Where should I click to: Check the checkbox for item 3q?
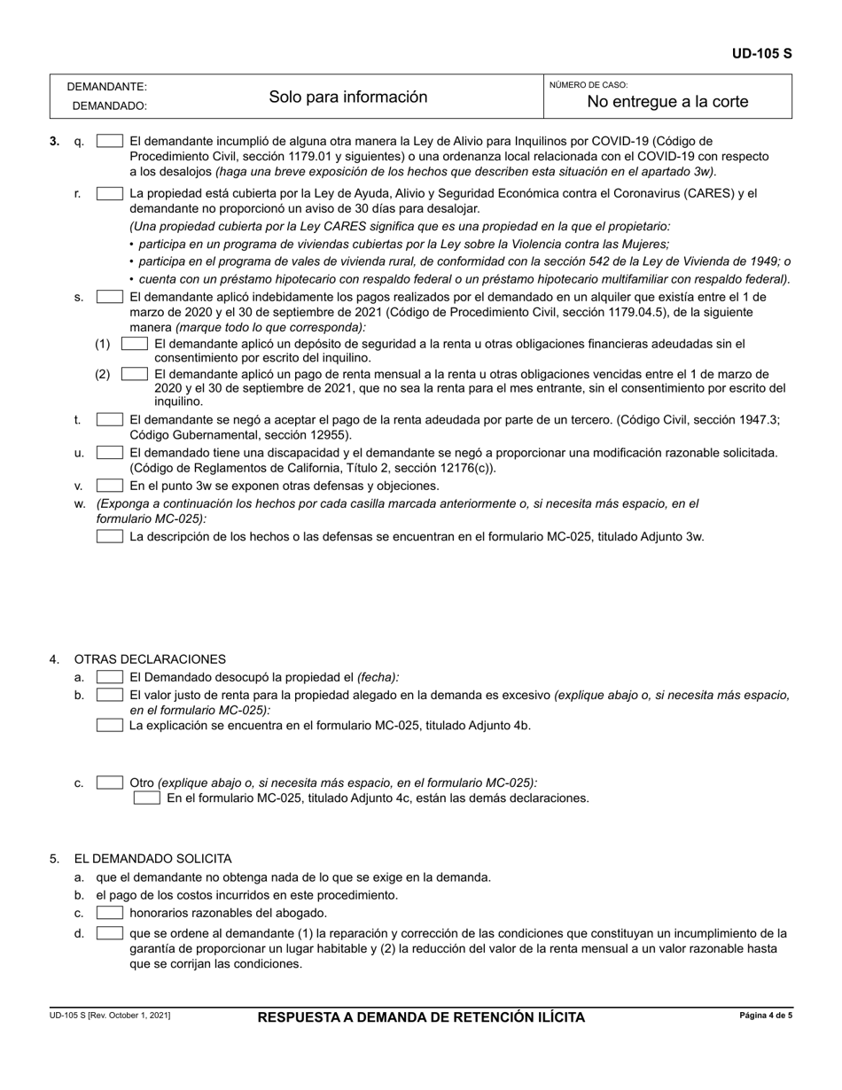click(110, 141)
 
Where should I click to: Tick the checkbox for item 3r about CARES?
click(110, 193)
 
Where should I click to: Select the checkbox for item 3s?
click(110, 297)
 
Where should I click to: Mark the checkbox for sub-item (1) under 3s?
click(135, 343)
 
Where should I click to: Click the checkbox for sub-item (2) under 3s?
click(135, 374)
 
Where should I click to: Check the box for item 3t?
click(110, 420)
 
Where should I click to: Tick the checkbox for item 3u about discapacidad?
click(110, 453)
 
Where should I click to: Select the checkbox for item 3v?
click(110, 486)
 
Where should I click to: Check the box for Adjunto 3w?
click(110, 536)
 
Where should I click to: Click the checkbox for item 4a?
click(110, 677)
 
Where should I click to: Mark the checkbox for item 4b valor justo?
click(110, 695)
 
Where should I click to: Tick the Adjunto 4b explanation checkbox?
click(110, 725)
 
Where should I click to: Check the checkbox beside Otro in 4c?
click(110, 782)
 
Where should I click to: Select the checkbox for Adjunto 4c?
click(147, 798)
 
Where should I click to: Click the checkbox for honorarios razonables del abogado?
click(110, 913)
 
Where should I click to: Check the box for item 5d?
click(110, 933)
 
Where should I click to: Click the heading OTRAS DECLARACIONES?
click(150, 659)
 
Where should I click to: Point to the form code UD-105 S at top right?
click(761, 54)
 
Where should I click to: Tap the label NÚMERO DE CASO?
click(589, 85)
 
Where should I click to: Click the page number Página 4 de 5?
click(766, 1016)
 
